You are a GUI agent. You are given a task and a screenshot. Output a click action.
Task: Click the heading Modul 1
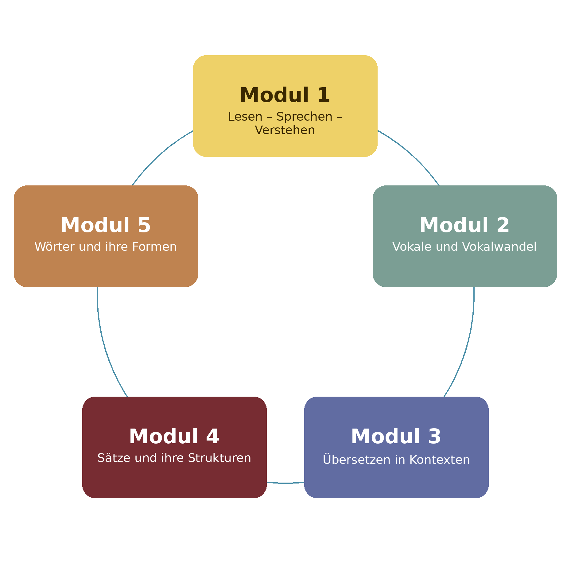[285, 95]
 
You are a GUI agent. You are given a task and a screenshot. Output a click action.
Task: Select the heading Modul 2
[464, 225]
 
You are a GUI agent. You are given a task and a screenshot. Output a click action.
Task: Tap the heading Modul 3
[396, 437]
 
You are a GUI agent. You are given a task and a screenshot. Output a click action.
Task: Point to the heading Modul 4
[174, 437]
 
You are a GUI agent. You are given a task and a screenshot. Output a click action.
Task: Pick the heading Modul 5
[106, 225]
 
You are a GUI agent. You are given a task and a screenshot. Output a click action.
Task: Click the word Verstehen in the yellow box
[285, 130]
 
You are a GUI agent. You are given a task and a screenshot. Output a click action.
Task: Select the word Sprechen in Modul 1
[304, 117]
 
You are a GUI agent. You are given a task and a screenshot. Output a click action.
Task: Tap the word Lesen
[245, 117]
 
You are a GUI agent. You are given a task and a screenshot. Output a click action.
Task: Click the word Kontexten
[439, 460]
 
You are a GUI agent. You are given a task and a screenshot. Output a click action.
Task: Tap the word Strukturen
[219, 458]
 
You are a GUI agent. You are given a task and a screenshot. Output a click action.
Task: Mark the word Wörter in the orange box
[55, 247]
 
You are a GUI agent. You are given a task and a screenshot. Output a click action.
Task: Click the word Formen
[154, 247]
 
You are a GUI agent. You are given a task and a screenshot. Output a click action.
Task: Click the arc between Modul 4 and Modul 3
[285, 483]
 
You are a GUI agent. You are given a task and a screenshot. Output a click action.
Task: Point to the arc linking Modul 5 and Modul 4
[106, 350]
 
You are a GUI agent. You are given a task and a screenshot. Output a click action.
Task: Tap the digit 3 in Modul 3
[434, 437]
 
